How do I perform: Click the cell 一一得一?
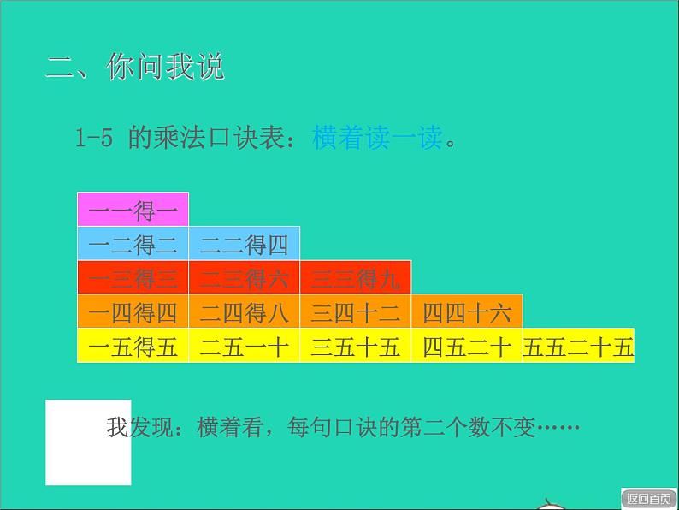point(133,210)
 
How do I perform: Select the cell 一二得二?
point(133,244)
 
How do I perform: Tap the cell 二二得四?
point(244,244)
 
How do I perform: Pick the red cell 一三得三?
point(133,278)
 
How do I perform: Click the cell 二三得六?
point(244,278)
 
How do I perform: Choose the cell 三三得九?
point(355,278)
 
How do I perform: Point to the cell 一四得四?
point(133,311)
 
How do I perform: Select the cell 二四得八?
point(244,311)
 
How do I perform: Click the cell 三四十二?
point(355,311)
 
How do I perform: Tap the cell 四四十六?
point(466,311)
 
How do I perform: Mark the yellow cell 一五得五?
point(133,346)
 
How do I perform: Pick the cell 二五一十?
point(244,346)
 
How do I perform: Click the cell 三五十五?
point(355,346)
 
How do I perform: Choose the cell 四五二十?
point(466,346)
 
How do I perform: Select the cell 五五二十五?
point(578,346)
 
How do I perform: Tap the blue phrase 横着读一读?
point(377,139)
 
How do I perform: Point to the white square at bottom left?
point(88,442)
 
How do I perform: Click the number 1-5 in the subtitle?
point(94,139)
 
